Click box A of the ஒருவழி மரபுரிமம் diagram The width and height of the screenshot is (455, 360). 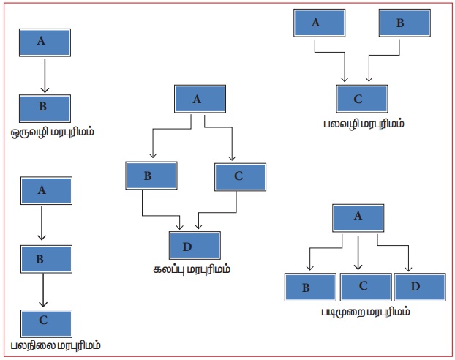click(45, 42)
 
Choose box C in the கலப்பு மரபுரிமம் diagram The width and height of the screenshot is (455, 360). click(239, 176)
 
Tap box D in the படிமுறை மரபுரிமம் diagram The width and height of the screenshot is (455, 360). click(417, 286)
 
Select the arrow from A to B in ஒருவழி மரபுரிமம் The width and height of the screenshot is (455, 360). click(45, 75)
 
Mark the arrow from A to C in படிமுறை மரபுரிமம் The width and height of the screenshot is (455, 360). click(358, 252)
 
